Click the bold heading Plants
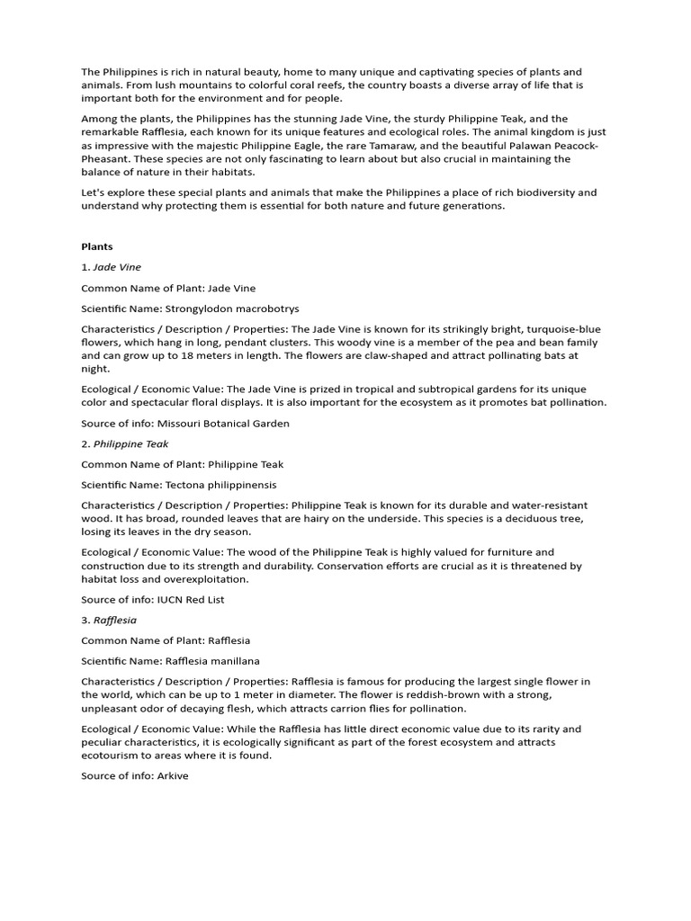pyautogui.click(x=97, y=246)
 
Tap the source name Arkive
pyautogui.click(x=173, y=775)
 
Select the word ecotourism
pyautogui.click(x=112, y=756)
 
